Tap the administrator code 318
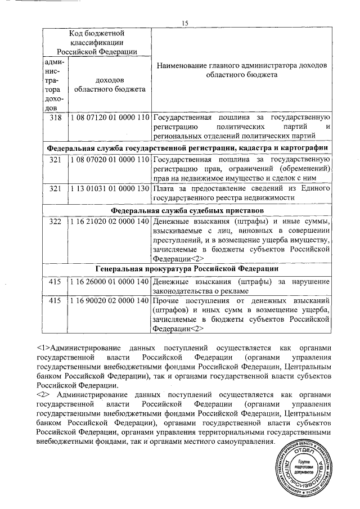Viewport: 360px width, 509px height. point(55,118)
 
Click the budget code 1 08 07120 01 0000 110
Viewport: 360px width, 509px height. point(110,118)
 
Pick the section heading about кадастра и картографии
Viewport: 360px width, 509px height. point(187,147)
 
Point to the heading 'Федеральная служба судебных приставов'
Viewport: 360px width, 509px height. point(187,210)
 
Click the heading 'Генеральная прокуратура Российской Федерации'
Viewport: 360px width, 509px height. point(187,268)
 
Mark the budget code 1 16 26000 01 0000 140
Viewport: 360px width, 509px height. point(110,281)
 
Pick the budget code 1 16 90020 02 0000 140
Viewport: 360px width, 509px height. point(110,301)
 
